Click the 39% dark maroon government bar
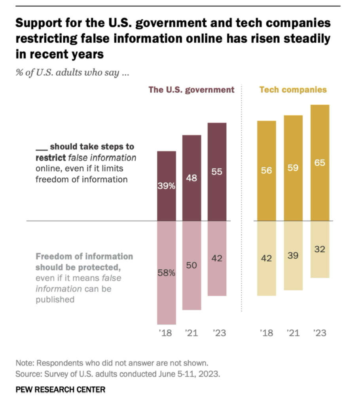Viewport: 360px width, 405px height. (x=167, y=186)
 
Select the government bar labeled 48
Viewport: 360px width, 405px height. (x=191, y=178)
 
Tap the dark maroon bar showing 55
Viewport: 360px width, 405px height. (x=217, y=172)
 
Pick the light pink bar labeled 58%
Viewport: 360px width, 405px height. (x=167, y=273)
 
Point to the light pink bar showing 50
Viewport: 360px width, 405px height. (x=191, y=265)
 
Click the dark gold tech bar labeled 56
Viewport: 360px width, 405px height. (x=267, y=171)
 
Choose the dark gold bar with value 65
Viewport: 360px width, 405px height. (x=320, y=163)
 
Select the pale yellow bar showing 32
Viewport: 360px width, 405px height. (x=320, y=250)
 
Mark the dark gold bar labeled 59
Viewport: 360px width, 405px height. (x=293, y=168)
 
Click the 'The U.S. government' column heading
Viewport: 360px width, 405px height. (x=191, y=89)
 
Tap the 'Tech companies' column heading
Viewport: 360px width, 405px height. (x=293, y=89)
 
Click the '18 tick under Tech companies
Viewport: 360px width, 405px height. (x=267, y=333)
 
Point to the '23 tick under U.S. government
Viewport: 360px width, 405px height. (x=217, y=333)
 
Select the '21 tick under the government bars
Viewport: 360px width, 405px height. (x=191, y=333)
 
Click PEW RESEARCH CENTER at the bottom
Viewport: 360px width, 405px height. (x=61, y=390)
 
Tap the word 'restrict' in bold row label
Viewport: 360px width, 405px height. (x=51, y=158)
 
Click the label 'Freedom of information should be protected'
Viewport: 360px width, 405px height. (x=84, y=261)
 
